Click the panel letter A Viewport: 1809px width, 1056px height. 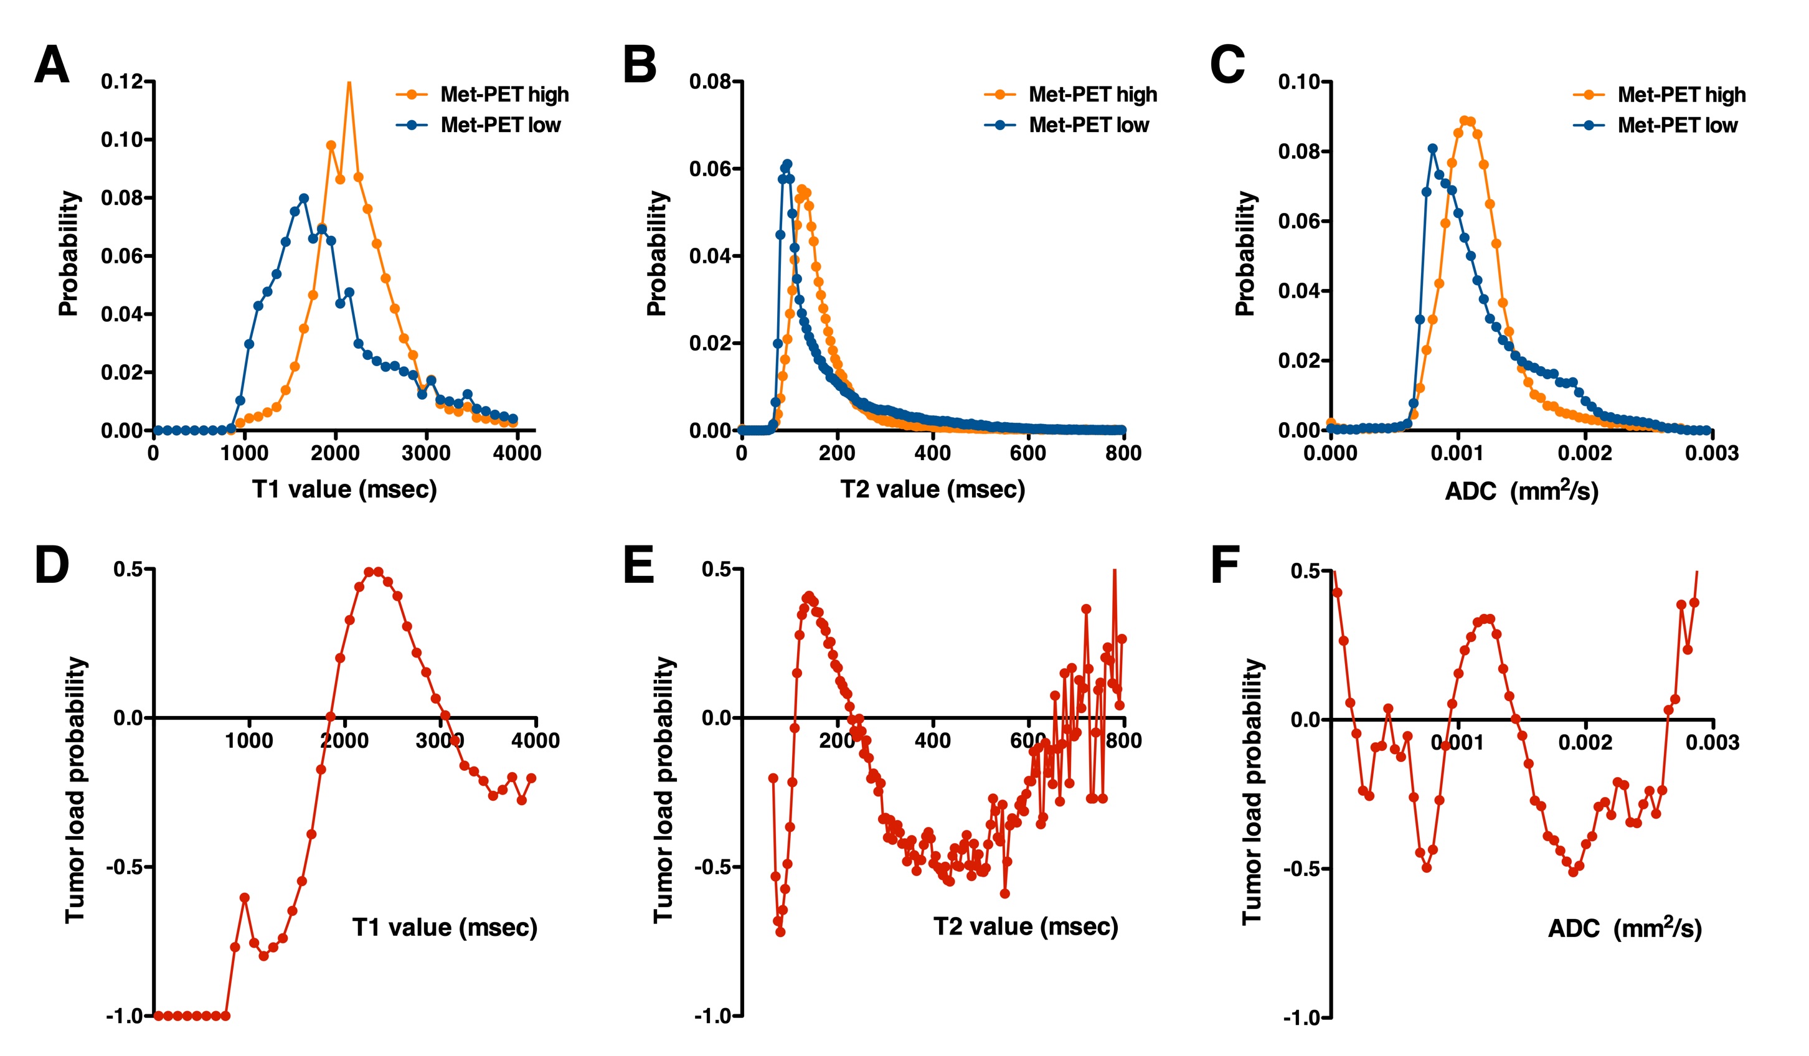pos(52,65)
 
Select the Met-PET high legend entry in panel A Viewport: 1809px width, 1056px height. pos(504,94)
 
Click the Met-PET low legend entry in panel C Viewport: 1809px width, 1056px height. pos(1677,125)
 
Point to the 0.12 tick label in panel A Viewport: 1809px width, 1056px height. pos(122,81)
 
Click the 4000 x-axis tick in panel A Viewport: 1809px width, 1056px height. pos(517,453)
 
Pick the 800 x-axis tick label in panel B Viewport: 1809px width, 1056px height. pos(1123,453)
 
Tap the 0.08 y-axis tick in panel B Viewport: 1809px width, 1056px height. pos(710,81)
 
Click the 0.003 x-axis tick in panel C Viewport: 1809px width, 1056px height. pos(1712,453)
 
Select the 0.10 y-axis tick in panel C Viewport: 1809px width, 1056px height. pos(1300,81)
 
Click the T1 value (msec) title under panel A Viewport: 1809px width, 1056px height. pos(344,489)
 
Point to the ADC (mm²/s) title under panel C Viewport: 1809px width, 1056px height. pos(1521,491)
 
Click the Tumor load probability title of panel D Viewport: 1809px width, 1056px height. pos(75,790)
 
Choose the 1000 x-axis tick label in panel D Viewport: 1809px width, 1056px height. pos(249,741)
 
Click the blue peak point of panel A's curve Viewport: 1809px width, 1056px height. pos(304,198)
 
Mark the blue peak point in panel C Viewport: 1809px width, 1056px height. pos(1432,149)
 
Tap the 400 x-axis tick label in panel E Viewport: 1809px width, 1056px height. pos(932,741)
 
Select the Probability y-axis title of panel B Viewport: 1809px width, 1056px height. pos(657,253)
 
